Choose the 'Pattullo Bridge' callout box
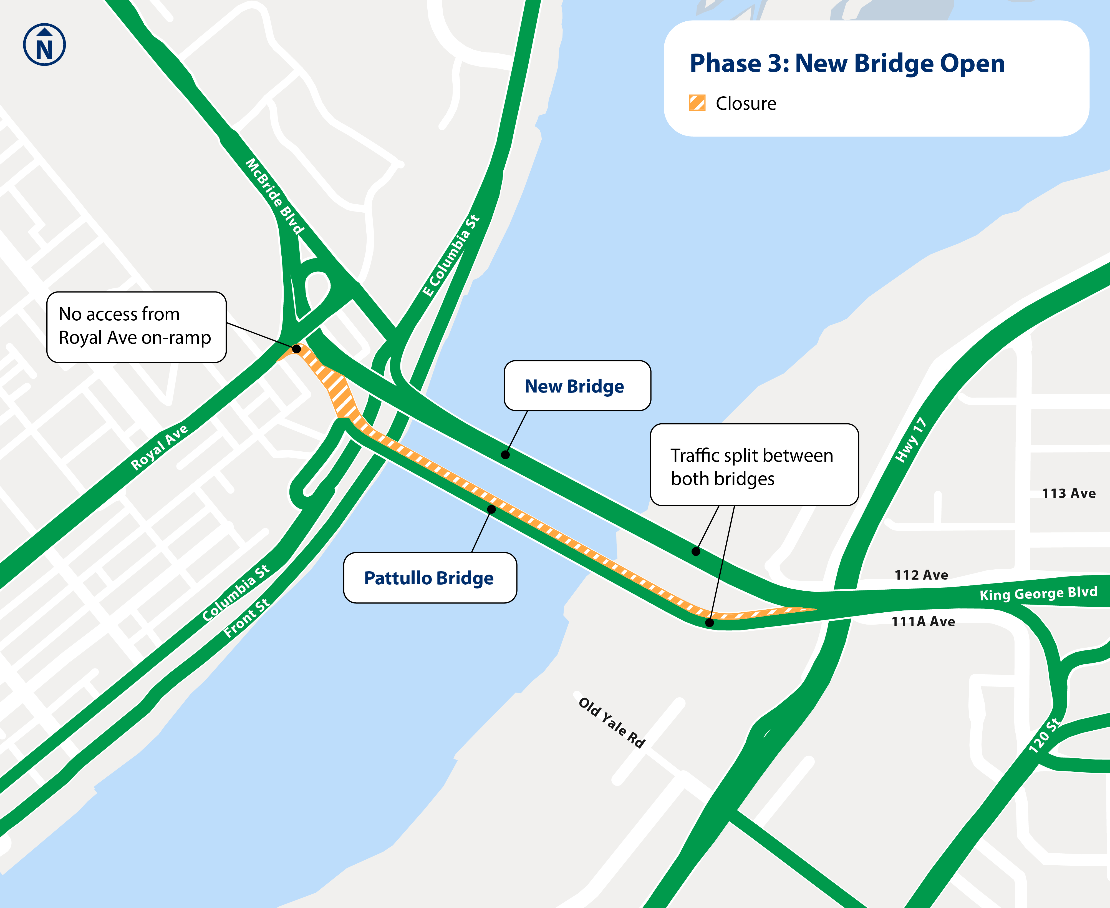point(430,578)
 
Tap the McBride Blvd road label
point(274,197)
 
